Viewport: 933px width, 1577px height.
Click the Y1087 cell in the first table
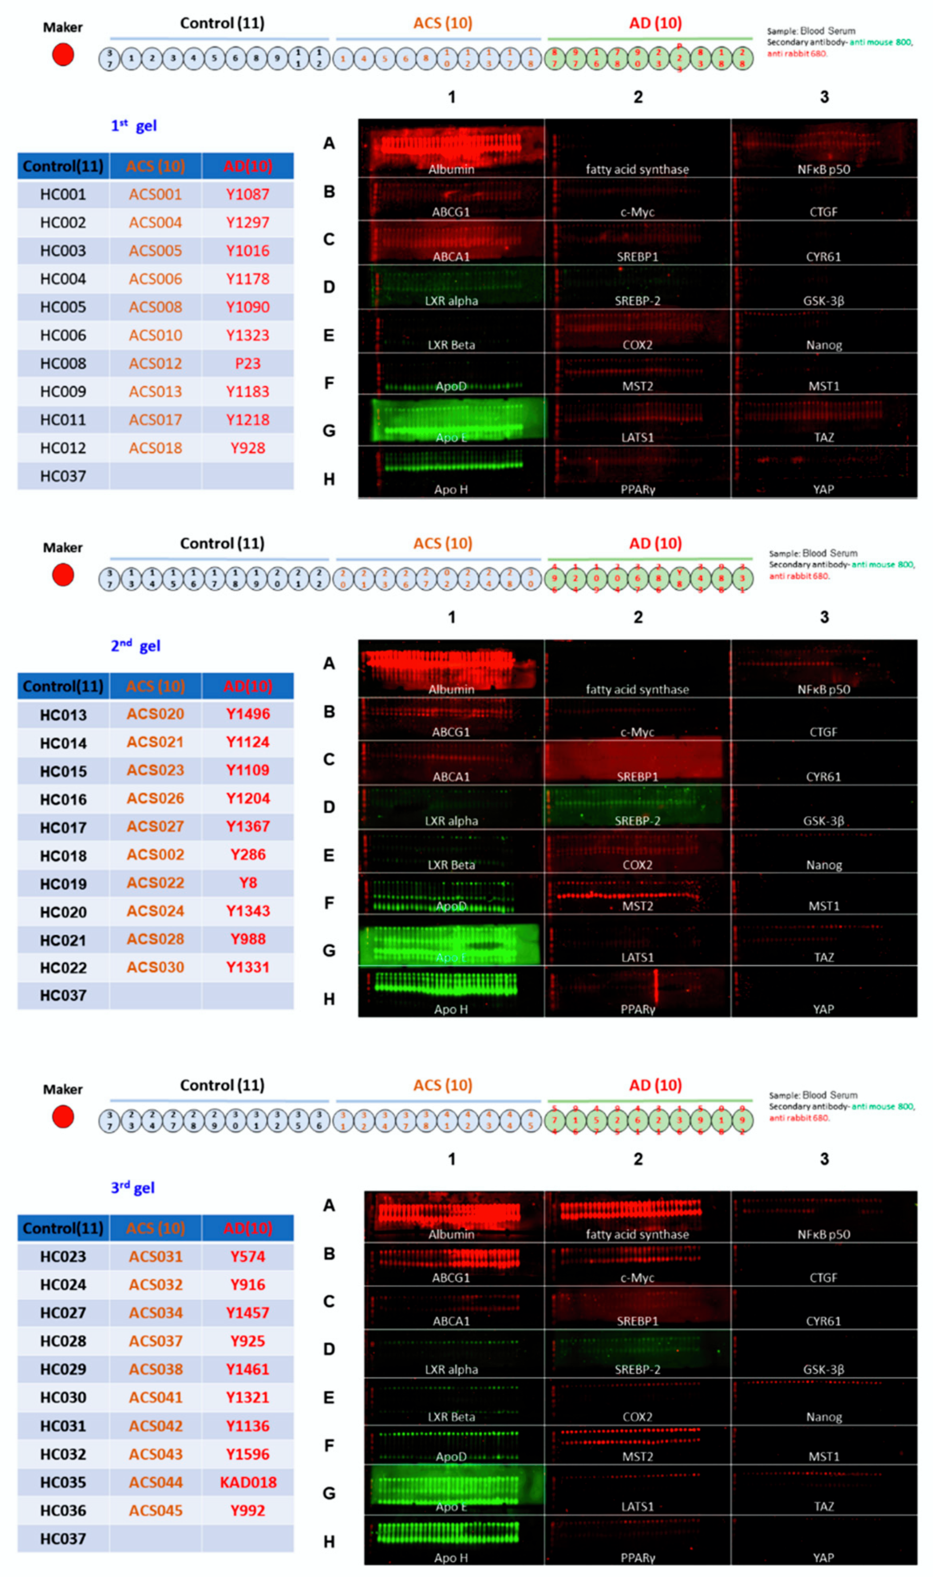pyautogui.click(x=247, y=194)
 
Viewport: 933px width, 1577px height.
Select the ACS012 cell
pyautogui.click(x=155, y=363)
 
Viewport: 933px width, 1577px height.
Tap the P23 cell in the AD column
pyautogui.click(x=247, y=363)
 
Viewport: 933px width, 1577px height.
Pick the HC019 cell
pyautogui.click(x=63, y=884)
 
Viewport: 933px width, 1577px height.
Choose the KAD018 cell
pyautogui.click(x=248, y=1482)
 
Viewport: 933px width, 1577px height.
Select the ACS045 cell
pyautogui.click(x=155, y=1511)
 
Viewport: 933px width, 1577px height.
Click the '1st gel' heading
pyautogui.click(x=133, y=126)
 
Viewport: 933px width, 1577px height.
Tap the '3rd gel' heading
pyautogui.click(x=133, y=1188)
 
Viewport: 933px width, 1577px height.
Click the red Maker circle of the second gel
pyautogui.click(x=63, y=575)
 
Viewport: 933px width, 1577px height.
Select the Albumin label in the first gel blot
pyautogui.click(x=451, y=169)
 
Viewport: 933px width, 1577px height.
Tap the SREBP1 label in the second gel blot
pyautogui.click(x=637, y=777)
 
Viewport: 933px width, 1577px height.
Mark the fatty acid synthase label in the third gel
pyautogui.click(x=637, y=1234)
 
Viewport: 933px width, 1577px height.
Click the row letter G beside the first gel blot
pyautogui.click(x=329, y=431)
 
